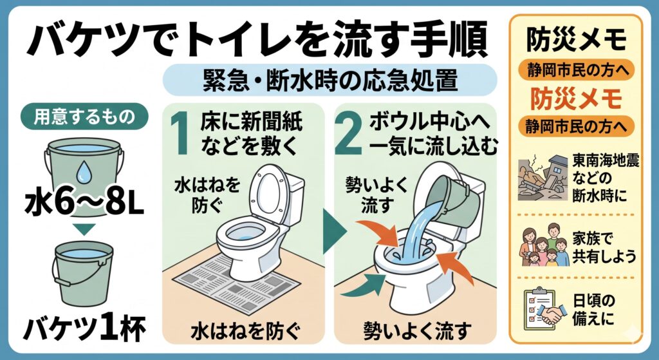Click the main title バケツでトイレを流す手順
point(257,39)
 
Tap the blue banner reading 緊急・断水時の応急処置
point(329,80)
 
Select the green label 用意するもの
point(84,116)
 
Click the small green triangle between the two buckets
point(86,230)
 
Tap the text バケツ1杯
point(84,329)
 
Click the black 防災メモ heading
point(576,40)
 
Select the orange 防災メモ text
point(576,99)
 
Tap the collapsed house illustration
point(541,176)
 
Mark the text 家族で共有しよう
point(604,247)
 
